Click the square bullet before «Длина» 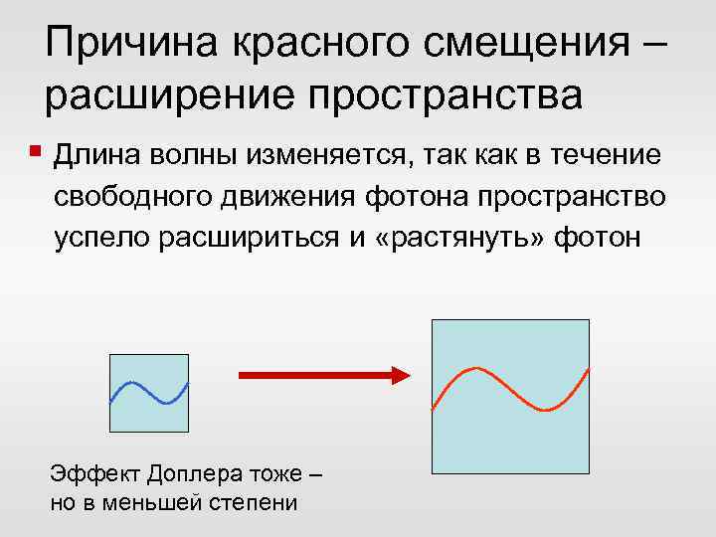[x=36, y=153]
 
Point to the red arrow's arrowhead [x=401, y=375]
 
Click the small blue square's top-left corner [x=109, y=355]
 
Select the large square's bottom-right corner [x=589, y=472]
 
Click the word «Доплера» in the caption [x=187, y=475]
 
